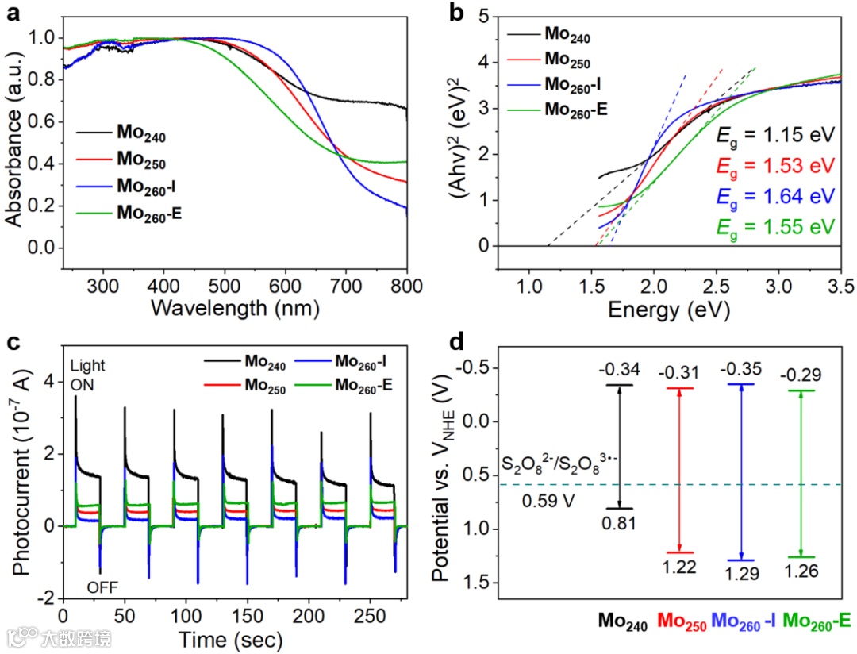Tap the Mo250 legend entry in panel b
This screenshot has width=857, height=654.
567,59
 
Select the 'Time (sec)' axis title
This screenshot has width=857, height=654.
235,640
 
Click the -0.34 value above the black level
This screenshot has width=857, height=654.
619,371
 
